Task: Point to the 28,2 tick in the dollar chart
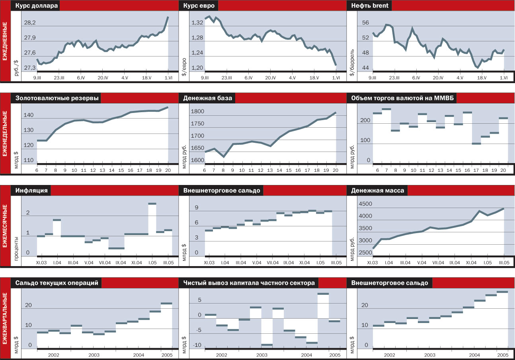click(30, 23)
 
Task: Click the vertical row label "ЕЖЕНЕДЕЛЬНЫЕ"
click(5, 134)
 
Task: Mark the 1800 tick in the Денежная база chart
click(198, 112)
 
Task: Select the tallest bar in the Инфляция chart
click(152, 204)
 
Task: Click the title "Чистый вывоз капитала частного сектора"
click(249, 283)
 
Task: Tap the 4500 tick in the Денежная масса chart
click(366, 204)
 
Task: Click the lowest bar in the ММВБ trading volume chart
click(476, 144)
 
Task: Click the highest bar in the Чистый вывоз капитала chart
click(323, 294)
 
